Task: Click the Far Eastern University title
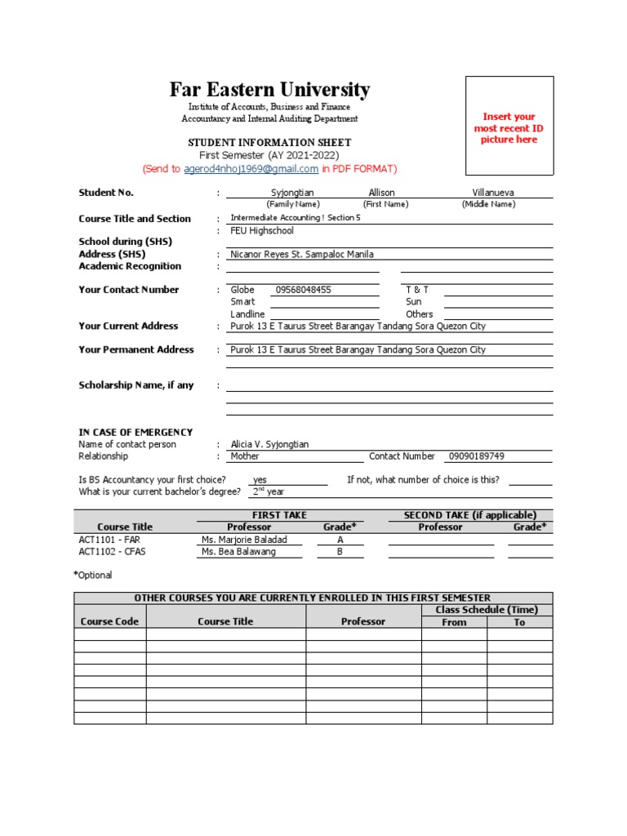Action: [269, 90]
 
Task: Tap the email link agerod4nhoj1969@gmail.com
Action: [251, 169]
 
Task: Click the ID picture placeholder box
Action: [509, 126]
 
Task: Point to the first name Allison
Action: [381, 193]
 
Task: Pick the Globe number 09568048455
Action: [304, 290]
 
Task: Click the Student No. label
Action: [106, 193]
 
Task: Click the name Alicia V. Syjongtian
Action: [269, 444]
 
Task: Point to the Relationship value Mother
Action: [245, 456]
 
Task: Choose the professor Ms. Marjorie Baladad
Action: [244, 540]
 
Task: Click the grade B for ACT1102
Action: [340, 552]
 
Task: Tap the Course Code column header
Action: [109, 621]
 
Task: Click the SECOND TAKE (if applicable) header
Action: [470, 515]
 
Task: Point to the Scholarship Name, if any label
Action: [136, 385]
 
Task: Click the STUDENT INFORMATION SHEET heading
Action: [269, 143]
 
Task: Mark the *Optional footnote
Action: [93, 575]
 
